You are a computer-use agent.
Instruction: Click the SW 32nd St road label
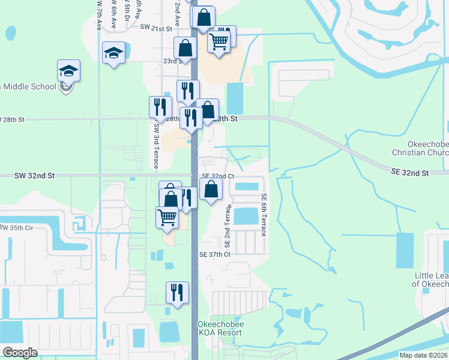click(x=35, y=175)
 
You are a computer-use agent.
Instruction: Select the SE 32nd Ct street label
click(x=217, y=176)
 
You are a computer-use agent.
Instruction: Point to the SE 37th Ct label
click(x=215, y=254)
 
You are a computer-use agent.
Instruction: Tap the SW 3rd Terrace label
click(x=156, y=136)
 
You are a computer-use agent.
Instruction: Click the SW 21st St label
click(x=156, y=28)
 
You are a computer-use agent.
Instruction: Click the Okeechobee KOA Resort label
click(x=220, y=328)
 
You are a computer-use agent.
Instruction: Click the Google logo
click(x=20, y=353)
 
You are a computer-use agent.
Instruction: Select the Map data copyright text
click(x=423, y=355)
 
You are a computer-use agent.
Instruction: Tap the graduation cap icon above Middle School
click(x=68, y=71)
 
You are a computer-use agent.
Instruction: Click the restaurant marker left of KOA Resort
click(x=176, y=293)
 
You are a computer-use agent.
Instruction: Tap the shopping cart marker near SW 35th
click(x=167, y=217)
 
